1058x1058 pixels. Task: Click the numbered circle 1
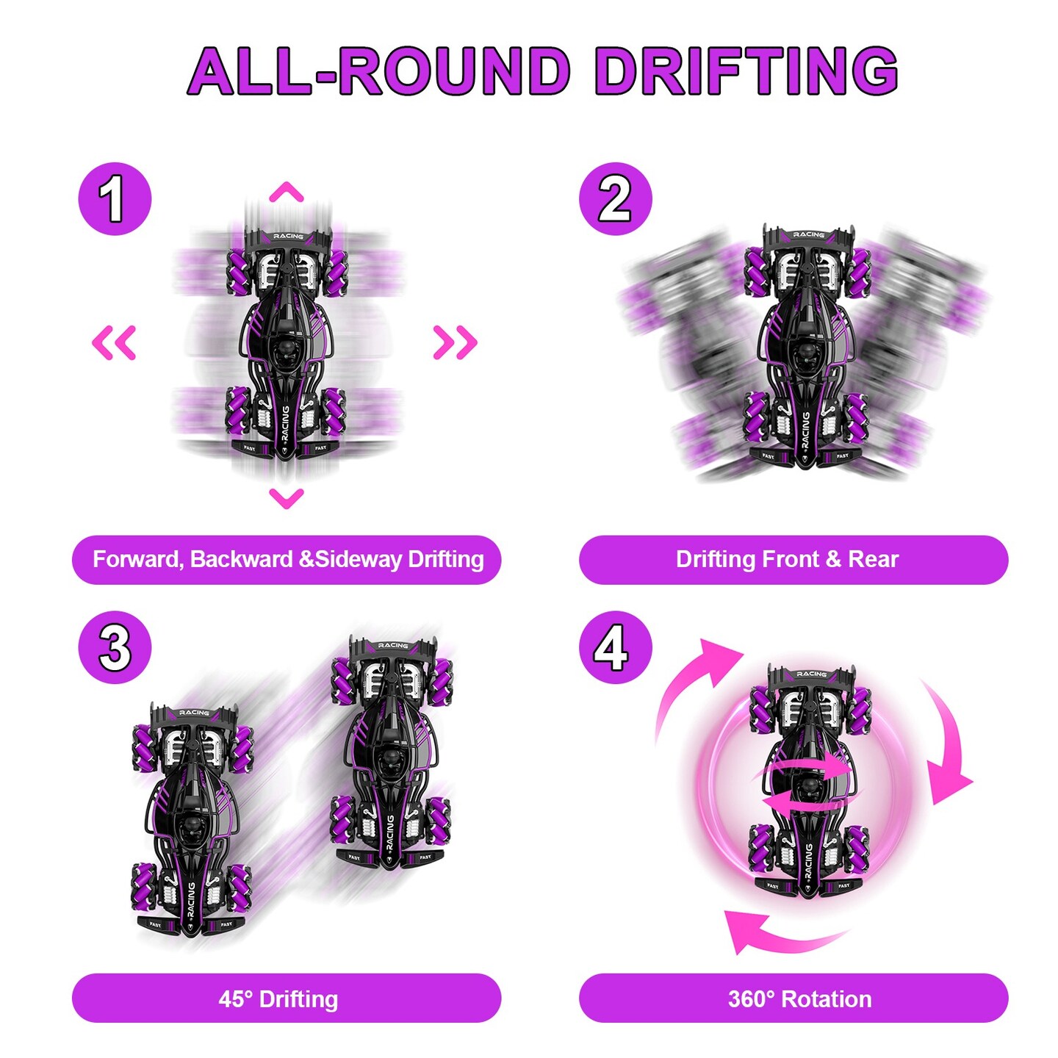(115, 199)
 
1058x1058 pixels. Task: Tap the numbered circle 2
(615, 199)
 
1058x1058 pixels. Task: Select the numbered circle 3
(115, 647)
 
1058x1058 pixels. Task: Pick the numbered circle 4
(615, 647)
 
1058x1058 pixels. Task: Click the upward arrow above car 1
(286, 192)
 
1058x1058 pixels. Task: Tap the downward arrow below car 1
(286, 498)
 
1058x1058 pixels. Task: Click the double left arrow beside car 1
(114, 342)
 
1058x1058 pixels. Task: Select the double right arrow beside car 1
(455, 342)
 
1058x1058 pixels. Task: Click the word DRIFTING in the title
(746, 71)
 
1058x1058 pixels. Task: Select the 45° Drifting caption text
(278, 999)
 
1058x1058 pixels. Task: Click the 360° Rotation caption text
(799, 999)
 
